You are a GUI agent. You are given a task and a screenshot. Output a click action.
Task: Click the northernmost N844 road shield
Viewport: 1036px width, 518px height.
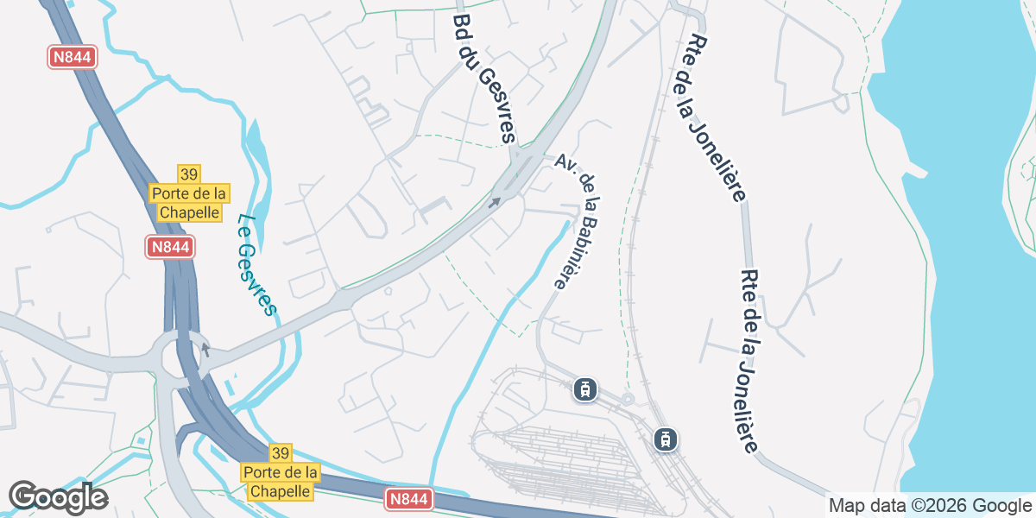tap(72, 58)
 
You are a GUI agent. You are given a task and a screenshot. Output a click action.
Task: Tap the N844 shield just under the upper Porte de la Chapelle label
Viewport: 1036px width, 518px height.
tap(169, 247)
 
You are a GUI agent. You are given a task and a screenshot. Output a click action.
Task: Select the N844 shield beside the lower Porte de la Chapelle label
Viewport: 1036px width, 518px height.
tap(407, 500)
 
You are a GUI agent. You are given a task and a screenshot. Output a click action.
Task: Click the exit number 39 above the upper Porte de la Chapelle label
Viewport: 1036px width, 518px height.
tap(189, 174)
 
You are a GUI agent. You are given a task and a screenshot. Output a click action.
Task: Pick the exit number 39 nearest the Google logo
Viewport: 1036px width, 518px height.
tap(280, 453)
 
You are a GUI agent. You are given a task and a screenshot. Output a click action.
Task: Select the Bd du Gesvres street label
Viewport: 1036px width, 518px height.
tap(483, 78)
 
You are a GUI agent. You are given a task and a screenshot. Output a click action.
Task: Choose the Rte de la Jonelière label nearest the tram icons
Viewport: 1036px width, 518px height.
tap(750, 360)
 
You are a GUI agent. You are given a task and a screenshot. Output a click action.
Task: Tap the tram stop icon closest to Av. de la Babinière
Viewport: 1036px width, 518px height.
tap(586, 390)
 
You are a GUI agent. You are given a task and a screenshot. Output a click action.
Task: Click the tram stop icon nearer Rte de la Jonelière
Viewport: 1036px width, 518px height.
tap(665, 439)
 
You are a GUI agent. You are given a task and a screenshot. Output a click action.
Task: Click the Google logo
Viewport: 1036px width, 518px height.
tap(58, 497)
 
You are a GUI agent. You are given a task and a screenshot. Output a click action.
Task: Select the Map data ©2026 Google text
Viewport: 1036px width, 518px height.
tap(930, 506)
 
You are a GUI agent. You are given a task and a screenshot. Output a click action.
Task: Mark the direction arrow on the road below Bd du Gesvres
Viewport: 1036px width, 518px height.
tap(495, 203)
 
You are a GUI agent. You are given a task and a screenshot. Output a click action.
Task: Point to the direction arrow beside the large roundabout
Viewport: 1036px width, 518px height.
tap(205, 350)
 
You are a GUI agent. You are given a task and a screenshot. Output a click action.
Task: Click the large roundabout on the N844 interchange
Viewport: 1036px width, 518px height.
tap(180, 354)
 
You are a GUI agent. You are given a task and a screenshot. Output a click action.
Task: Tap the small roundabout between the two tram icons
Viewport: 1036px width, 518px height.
tap(628, 399)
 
